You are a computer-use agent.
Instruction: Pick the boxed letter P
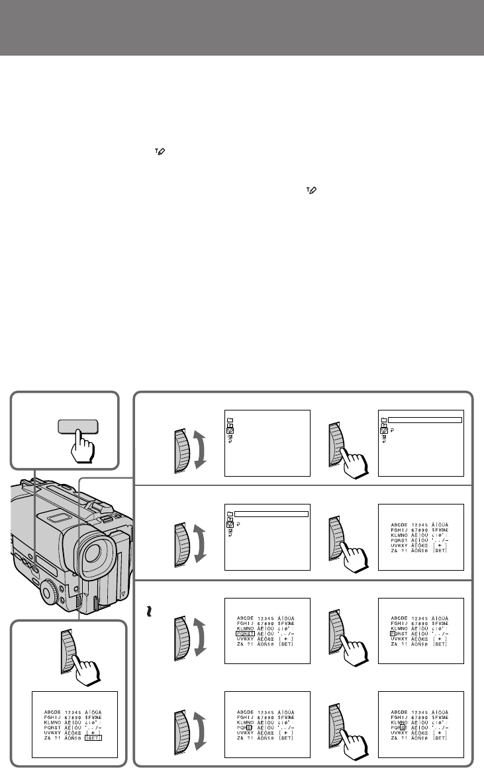[393, 633]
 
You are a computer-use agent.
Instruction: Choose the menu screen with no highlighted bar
[267, 442]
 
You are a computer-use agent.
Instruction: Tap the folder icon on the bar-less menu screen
[229, 420]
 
